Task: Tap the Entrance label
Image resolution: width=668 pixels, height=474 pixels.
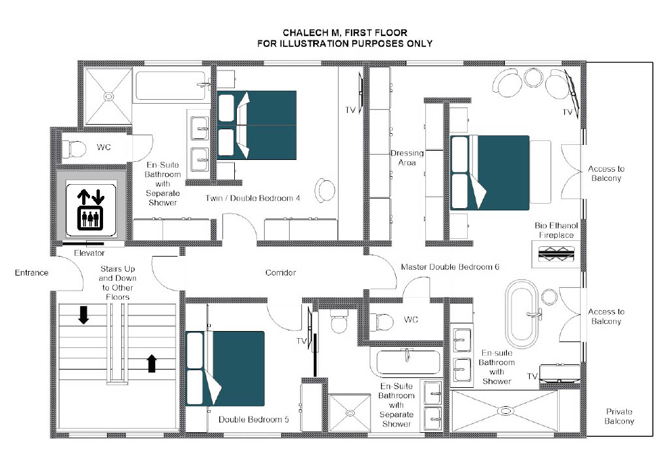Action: [x=31, y=273]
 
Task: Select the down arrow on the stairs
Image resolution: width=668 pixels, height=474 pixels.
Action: [x=83, y=315]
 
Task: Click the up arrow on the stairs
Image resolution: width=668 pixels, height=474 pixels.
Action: [x=151, y=363]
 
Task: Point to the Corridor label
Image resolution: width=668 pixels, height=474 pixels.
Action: [x=281, y=273]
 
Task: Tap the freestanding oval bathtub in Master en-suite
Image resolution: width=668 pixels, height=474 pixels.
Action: [x=522, y=313]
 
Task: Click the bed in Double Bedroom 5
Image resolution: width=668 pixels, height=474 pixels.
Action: [x=225, y=369]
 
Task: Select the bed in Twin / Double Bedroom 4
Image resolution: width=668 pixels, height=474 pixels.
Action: [x=256, y=125]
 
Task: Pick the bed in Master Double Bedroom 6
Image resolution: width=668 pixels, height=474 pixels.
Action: [x=490, y=172]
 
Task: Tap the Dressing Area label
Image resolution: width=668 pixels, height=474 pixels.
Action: [x=407, y=158]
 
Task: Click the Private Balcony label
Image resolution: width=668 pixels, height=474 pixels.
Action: [x=619, y=417]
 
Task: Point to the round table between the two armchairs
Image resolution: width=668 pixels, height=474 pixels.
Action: [x=532, y=78]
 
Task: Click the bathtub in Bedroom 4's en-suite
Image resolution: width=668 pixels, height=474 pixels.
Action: [x=170, y=86]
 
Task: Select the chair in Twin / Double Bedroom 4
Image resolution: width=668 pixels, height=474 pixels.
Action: [x=325, y=191]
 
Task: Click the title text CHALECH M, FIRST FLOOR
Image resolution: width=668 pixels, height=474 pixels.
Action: [x=345, y=33]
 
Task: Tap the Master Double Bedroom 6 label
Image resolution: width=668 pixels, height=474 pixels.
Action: [x=450, y=267]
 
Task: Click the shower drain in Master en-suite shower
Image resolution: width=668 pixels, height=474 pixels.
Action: [x=505, y=411]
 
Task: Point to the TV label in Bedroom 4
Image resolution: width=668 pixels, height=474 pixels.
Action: [x=350, y=110]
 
